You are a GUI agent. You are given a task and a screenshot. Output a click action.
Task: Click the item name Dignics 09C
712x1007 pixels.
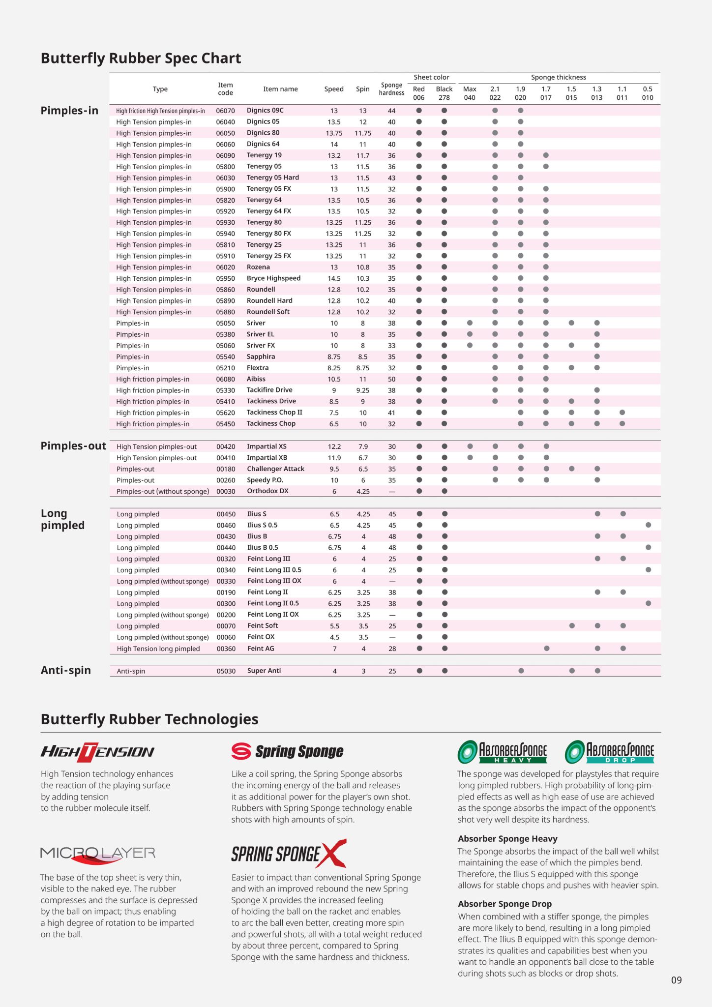pos(265,111)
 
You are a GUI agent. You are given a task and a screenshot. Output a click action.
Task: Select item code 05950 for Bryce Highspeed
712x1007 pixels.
pos(225,278)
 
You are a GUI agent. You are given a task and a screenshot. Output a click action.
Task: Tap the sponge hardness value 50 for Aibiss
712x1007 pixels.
pos(391,379)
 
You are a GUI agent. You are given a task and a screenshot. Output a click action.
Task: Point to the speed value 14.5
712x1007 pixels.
pos(334,278)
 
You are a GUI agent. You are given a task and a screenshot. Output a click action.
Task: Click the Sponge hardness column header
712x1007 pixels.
pos(391,89)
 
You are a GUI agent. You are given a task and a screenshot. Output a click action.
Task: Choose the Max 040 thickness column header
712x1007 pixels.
pos(470,93)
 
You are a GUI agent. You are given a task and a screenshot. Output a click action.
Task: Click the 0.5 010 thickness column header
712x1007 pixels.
pos(648,93)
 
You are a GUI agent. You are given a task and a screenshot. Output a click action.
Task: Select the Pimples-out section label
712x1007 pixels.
pos(73,446)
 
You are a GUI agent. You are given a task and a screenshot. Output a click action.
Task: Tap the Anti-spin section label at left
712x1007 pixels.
pos(66,671)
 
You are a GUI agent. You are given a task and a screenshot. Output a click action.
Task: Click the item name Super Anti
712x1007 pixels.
pos(264,671)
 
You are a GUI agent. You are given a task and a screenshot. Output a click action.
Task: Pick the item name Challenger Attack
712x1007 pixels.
pos(275,469)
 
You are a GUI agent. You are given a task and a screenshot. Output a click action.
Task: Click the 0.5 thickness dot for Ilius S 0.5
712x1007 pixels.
pos(648,525)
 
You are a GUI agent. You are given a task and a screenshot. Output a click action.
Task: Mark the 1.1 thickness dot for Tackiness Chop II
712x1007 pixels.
pos(622,413)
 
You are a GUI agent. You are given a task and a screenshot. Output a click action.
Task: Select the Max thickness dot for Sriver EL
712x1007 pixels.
pos(470,334)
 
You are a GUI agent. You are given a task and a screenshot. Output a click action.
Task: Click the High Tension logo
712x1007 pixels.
pos(97,752)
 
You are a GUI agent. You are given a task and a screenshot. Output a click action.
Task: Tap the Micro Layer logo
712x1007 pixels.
pos(98,854)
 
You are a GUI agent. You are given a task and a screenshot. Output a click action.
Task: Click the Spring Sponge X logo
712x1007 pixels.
pos(289,854)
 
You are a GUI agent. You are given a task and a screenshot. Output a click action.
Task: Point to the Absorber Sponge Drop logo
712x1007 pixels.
pos(610,752)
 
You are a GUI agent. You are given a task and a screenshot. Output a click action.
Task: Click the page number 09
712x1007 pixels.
pos(677,980)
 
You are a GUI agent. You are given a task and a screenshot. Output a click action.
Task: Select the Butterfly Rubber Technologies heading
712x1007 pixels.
pos(149,719)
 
